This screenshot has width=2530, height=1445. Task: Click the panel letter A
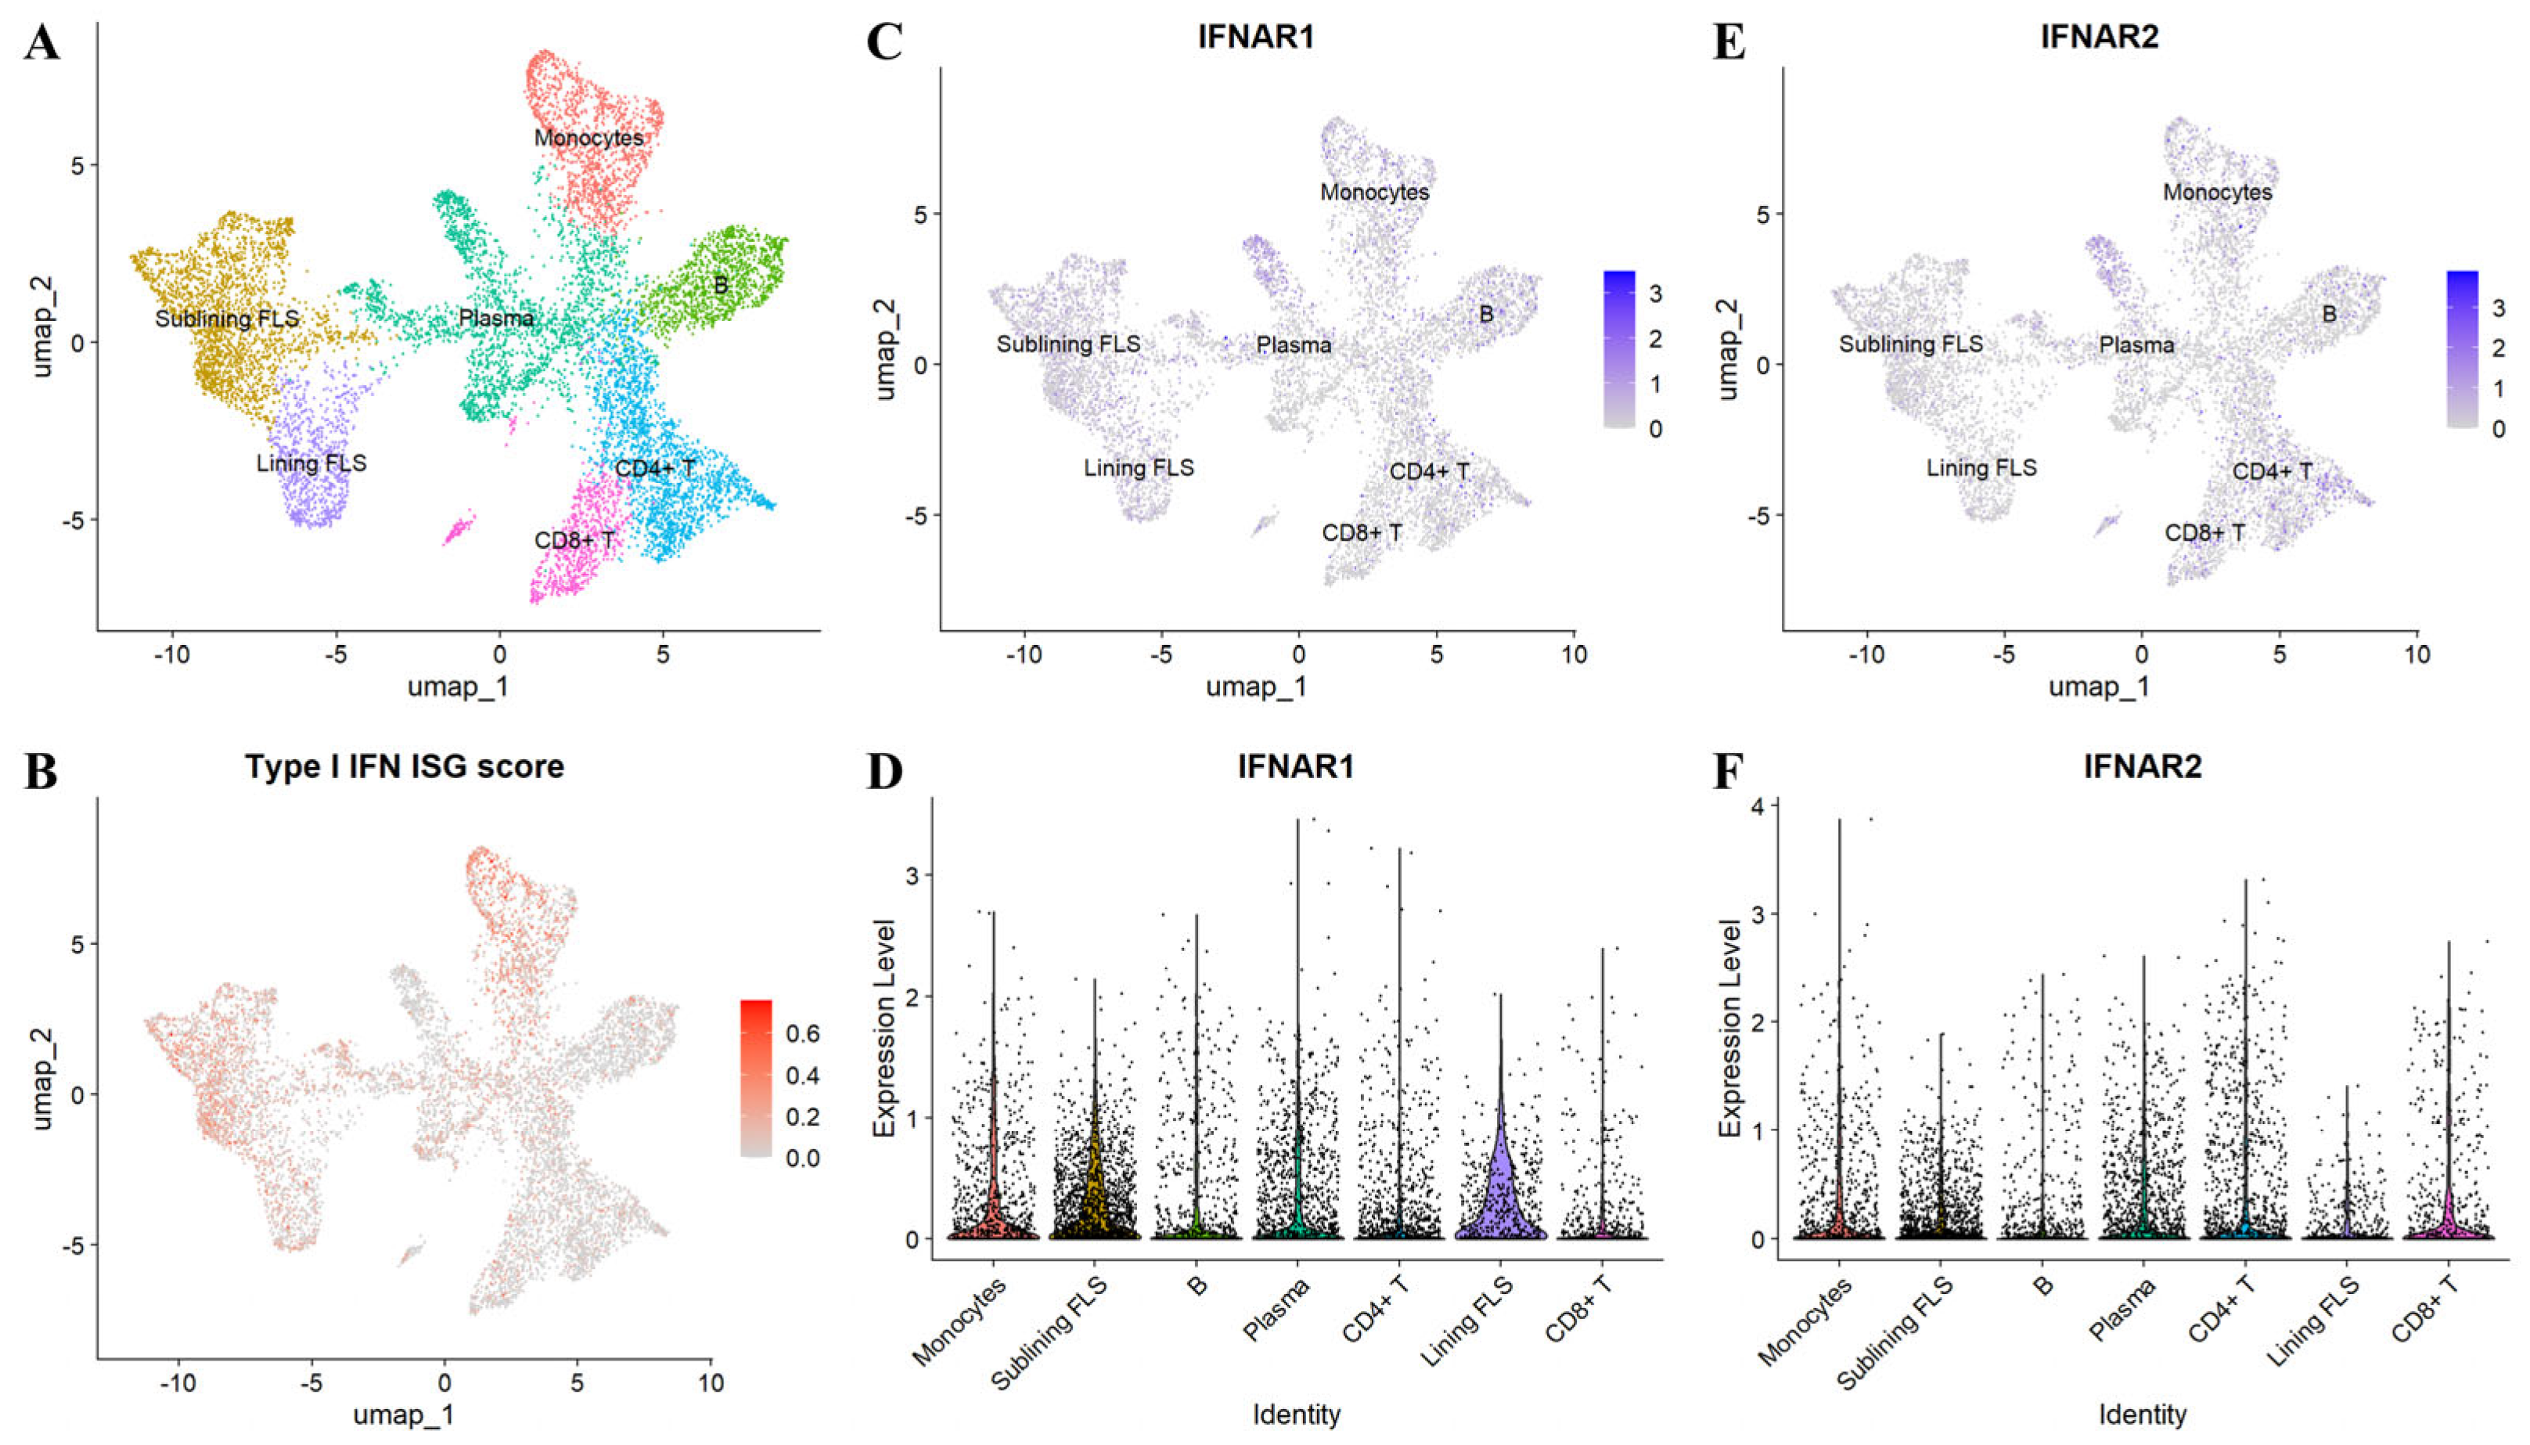41,44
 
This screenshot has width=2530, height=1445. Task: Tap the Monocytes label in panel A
588,138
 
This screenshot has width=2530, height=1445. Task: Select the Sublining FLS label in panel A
226,319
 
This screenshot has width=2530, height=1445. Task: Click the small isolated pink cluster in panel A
459,528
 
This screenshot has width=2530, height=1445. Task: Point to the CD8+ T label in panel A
574,541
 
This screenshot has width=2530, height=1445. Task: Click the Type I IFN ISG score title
404,766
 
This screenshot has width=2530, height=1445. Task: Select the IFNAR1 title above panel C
1255,37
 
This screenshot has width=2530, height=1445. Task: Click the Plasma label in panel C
1293,345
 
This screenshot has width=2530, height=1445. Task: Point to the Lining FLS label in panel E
1981,467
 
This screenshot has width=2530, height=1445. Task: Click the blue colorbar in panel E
2462,348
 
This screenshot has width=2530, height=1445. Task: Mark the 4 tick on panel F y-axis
1758,806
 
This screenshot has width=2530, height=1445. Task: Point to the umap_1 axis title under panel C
1255,686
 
